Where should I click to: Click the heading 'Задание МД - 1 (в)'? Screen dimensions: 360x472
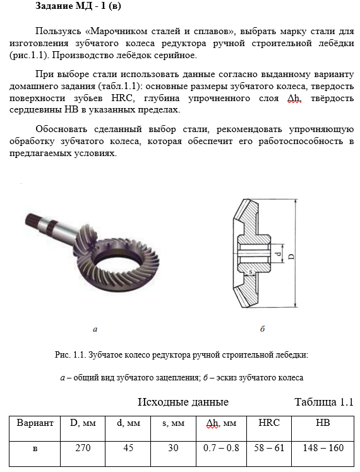pyautogui.click(x=78, y=6)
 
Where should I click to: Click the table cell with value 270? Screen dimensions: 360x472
pyautogui.click(x=83, y=454)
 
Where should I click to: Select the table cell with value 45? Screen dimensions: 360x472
pyautogui.click(x=128, y=454)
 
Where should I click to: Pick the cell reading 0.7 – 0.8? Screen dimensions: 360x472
pyautogui.click(x=221, y=454)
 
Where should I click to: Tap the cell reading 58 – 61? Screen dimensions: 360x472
pyautogui.click(x=269, y=454)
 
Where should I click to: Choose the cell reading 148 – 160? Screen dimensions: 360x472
pyautogui.click(x=323, y=454)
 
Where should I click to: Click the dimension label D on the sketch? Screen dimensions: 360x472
pyautogui.click(x=291, y=257)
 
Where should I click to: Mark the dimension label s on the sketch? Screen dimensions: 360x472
pyautogui.click(x=251, y=272)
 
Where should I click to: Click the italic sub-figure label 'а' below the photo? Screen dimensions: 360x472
pyautogui.click(x=95, y=329)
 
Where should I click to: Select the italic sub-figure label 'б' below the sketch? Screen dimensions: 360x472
pyautogui.click(x=263, y=329)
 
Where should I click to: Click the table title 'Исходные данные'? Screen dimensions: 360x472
pyautogui.click(x=183, y=402)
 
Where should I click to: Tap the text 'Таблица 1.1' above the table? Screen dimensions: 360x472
pyautogui.click(x=323, y=402)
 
